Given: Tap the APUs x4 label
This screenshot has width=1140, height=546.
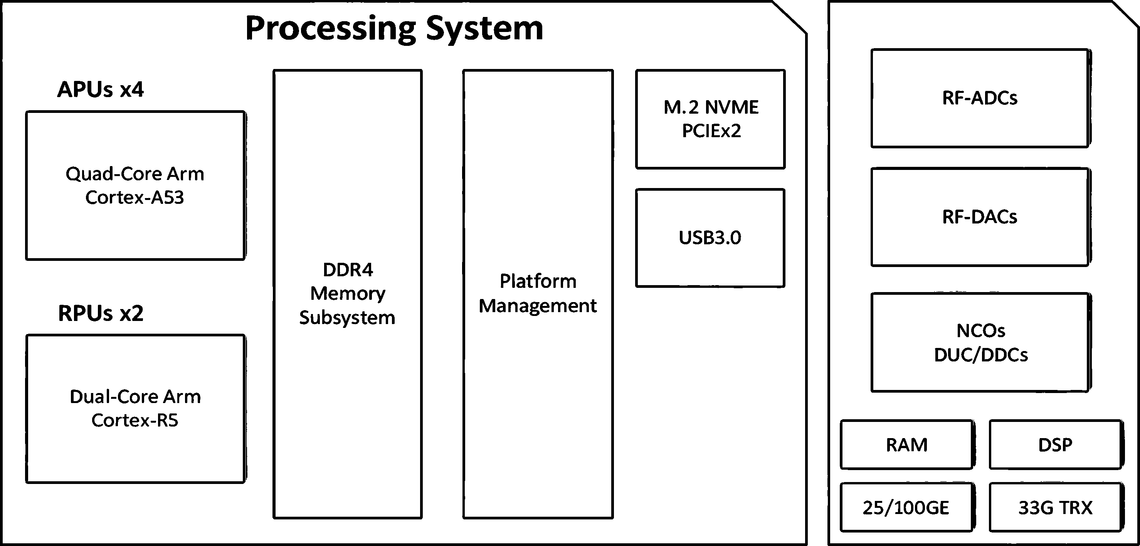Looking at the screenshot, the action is pos(101,89).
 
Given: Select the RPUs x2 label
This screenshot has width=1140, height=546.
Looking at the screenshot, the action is pos(101,313).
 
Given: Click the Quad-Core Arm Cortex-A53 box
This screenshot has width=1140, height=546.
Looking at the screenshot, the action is pos(135,185).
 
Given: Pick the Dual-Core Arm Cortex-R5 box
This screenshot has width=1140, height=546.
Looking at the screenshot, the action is pos(135,409).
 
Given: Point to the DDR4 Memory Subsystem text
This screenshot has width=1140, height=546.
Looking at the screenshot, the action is pos(347,294).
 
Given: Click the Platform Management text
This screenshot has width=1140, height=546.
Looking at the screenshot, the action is pos(538,293).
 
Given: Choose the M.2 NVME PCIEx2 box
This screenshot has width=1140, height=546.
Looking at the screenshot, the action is pos(710,119).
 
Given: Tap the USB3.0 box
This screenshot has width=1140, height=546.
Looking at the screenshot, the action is pos(710,238).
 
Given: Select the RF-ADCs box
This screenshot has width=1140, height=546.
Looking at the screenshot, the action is pos(980,98).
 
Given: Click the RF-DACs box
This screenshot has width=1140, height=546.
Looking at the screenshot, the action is pos(980,217).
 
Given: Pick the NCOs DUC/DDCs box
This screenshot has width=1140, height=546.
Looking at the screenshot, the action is pos(980,343).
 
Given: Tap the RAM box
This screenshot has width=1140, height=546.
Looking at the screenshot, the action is pos(907,445).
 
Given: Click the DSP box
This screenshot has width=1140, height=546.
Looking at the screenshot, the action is pos(1056,445).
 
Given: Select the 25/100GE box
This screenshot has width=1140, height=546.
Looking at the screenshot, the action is pos(907,507).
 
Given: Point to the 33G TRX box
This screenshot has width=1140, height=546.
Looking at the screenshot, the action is pos(1056,507).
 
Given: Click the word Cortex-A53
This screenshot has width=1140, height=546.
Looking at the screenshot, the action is pos(135,197).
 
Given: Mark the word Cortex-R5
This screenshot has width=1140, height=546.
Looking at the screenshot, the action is pos(135,420).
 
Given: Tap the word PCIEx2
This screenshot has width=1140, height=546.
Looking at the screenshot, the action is pos(711,131).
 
